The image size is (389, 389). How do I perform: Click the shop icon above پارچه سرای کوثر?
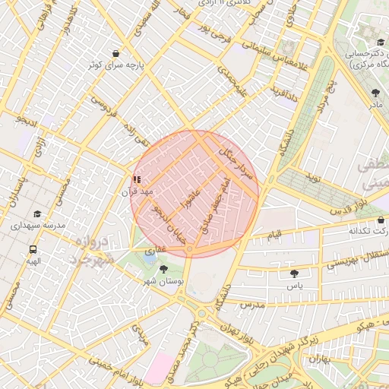coord(115,54)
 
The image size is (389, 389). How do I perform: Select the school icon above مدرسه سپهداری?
coord(37,214)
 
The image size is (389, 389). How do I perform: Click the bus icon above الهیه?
coord(33,249)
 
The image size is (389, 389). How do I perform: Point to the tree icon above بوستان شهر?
coord(163,269)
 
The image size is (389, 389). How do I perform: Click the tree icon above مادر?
coord(375,93)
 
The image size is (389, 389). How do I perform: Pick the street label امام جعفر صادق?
coord(221,201)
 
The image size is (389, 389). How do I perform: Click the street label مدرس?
coord(251,304)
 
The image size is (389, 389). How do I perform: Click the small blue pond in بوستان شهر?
coord(147,261)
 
